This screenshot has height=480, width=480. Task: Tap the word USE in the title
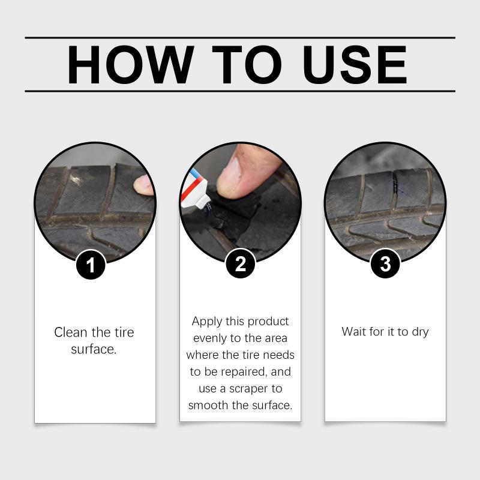pos(355,65)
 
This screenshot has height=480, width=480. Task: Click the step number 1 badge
pos(91,265)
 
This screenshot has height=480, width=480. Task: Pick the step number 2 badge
pos(241,263)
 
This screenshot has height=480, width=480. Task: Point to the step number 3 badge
pos(385,263)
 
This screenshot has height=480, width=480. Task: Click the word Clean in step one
pos(71,332)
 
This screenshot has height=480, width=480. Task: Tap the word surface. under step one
pos(94,349)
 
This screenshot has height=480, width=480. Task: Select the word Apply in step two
pos(207,322)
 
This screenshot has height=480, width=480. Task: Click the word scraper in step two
pos(248,389)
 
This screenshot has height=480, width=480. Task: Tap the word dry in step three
pos(421,332)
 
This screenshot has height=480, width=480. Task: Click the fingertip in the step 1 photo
pos(144,185)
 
